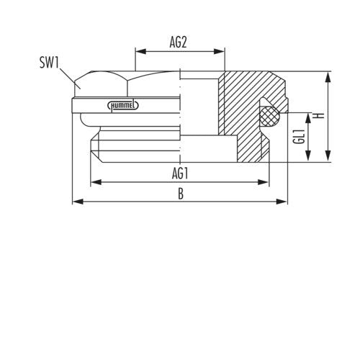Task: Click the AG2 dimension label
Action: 178,42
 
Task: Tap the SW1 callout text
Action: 49,63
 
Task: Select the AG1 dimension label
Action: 180,174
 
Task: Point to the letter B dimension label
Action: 181,194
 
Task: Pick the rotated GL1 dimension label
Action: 299,137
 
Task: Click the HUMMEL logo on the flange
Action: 123,105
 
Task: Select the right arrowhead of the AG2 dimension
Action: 219,51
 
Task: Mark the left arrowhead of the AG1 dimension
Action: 96,182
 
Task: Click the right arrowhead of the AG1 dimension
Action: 263,182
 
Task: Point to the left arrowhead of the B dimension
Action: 78,202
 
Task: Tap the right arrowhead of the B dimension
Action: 282,202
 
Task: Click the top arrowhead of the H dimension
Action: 328,77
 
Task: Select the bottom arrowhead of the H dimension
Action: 328,156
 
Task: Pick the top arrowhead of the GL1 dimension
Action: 308,119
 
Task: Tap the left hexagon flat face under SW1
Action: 101,84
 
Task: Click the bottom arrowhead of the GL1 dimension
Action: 308,156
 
